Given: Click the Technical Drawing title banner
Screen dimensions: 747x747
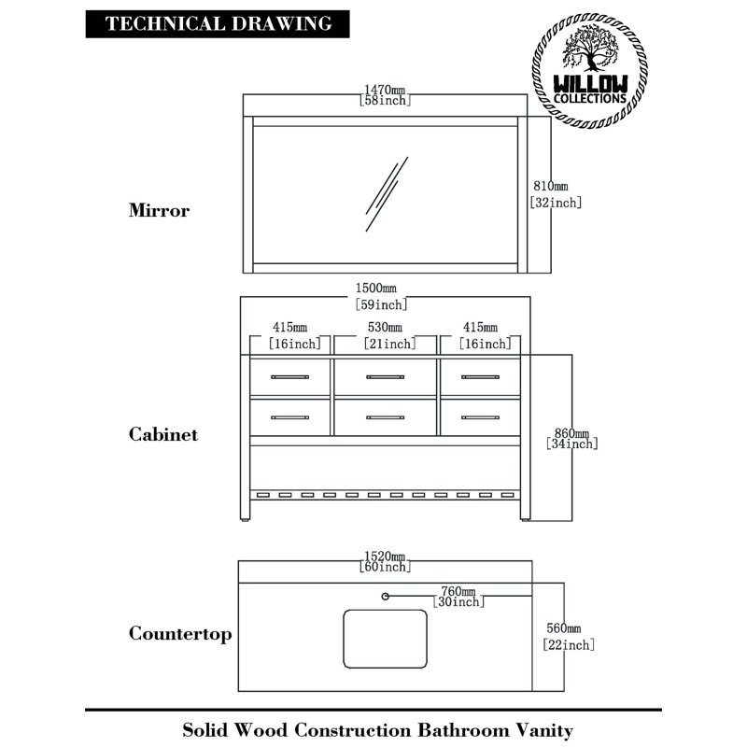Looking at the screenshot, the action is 218,24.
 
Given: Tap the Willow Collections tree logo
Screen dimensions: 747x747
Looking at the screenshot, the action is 589,71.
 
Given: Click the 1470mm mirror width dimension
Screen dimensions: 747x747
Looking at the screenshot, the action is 385,95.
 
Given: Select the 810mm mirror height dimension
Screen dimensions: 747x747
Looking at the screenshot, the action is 556,194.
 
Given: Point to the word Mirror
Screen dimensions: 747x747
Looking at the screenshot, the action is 159,210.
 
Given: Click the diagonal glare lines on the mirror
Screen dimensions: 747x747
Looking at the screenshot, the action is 387,194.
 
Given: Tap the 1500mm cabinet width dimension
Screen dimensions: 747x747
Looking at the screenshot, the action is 381,296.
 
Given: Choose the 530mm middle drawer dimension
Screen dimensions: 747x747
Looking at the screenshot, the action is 389,335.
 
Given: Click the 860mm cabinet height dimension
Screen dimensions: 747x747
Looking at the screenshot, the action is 571,438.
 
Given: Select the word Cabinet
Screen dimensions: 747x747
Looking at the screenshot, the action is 162,434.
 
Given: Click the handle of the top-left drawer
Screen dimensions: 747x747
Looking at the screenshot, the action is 289,377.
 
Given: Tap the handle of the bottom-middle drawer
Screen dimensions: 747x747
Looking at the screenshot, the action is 385,417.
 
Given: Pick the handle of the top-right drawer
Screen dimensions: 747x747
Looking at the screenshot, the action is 480,377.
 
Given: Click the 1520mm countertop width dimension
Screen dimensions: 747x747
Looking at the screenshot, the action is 385,561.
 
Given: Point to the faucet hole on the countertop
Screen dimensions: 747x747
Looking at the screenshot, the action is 385,596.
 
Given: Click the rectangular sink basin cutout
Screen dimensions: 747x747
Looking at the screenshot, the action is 385,639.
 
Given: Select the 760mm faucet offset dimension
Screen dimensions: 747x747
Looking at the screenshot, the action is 458,597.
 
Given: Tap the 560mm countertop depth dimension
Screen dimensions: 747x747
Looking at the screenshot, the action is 569,637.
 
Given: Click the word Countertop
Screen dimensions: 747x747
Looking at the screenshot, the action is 180,634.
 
